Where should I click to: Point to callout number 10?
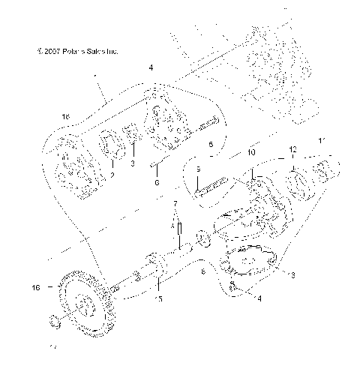[x=252, y=152]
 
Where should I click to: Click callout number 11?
[x=322, y=140]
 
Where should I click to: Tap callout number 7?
[x=175, y=203]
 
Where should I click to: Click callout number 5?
[x=211, y=142]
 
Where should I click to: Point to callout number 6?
[x=156, y=182]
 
